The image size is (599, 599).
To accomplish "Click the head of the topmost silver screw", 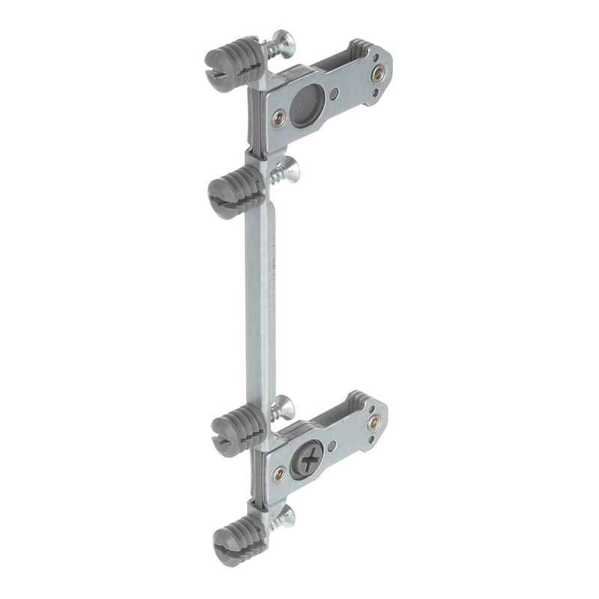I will (x=284, y=40).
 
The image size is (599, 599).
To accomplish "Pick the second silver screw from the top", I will (x=286, y=171).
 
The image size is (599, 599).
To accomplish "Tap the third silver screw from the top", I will (x=282, y=408).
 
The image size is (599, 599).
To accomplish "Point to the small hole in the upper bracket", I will (x=334, y=94).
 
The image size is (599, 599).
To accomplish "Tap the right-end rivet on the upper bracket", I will (x=379, y=73).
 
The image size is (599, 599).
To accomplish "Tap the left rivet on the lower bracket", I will (x=279, y=472).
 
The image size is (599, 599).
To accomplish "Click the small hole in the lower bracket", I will (x=334, y=445).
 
